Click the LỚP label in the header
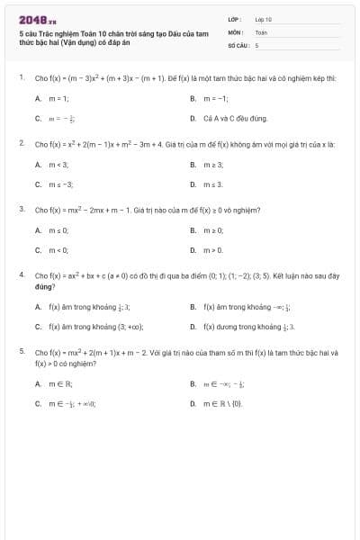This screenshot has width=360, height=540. pos(233,19)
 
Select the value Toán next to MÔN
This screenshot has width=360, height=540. pos(261,31)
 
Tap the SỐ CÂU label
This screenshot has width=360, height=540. pos(237,43)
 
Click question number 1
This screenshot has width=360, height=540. pos(21,78)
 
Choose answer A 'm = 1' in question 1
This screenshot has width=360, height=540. pos(54,98)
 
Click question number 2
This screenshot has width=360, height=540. pos(21,143)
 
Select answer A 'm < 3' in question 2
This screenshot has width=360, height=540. pos(54,164)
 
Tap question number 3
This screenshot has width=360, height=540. pos(21,209)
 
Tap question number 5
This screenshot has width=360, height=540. pos(21,352)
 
